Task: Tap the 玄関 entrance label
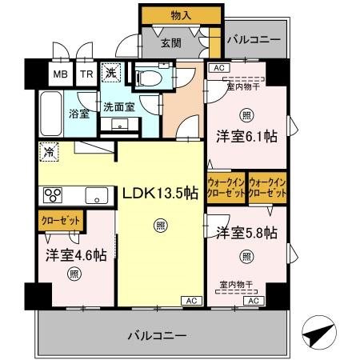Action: pyautogui.click(x=169, y=43)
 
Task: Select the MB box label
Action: pyautogui.click(x=61, y=74)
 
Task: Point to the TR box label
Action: pyautogui.click(x=86, y=74)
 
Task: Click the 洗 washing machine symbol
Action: pyautogui.click(x=114, y=72)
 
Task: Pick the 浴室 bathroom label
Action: pyautogui.click(x=78, y=114)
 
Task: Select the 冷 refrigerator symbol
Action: pyautogui.click(x=49, y=149)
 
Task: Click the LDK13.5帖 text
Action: pyautogui.click(x=159, y=192)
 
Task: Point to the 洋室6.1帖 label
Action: pyautogui.click(x=246, y=137)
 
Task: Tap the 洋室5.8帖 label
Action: pyautogui.click(x=246, y=233)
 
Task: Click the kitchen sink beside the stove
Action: pyautogui.click(x=97, y=194)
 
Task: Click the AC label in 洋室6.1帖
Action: pyautogui.click(x=218, y=69)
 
